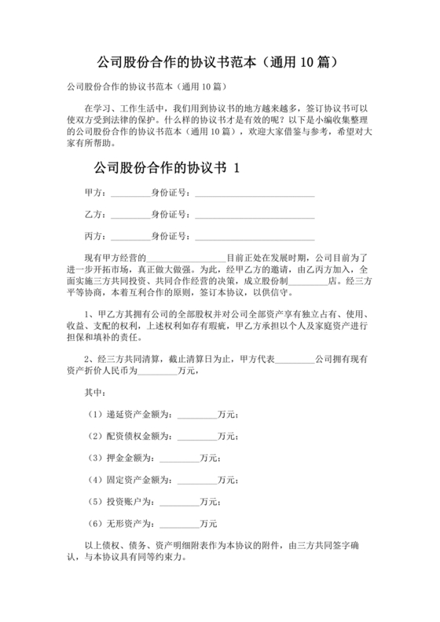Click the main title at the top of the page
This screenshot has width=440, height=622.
(219, 60)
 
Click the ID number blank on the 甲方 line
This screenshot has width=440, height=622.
(255, 194)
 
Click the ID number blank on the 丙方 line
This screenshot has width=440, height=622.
(255, 237)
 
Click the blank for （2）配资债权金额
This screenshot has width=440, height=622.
(198, 436)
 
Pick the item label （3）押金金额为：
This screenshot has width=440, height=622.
(122, 457)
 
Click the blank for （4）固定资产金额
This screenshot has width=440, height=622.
(198, 479)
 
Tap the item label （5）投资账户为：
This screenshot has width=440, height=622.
(122, 501)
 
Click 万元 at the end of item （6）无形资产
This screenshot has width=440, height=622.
(209, 523)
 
